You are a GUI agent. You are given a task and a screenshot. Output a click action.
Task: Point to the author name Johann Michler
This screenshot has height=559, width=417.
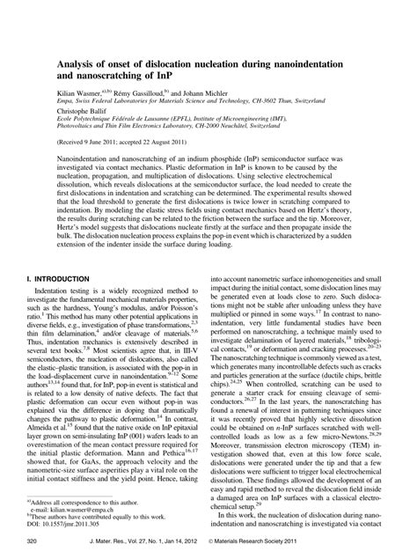pyautogui.click(x=217, y=92)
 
